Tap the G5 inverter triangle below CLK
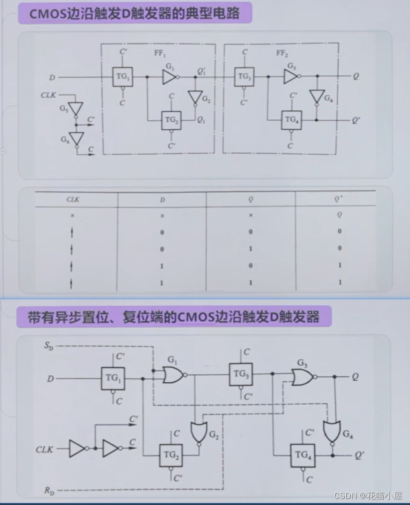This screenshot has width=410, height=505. pos(76,109)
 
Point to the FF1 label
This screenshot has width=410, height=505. pos(161,53)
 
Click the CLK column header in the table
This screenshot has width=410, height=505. pos(73,200)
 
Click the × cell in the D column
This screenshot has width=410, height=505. pos(162,215)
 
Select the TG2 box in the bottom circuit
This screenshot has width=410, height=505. pos(171,455)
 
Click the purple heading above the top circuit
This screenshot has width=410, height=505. pos(135,13)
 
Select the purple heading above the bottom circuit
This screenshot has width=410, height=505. pos(173,317)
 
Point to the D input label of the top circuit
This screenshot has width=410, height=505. pos(52,77)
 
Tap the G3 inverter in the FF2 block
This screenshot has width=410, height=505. pos(291,76)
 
